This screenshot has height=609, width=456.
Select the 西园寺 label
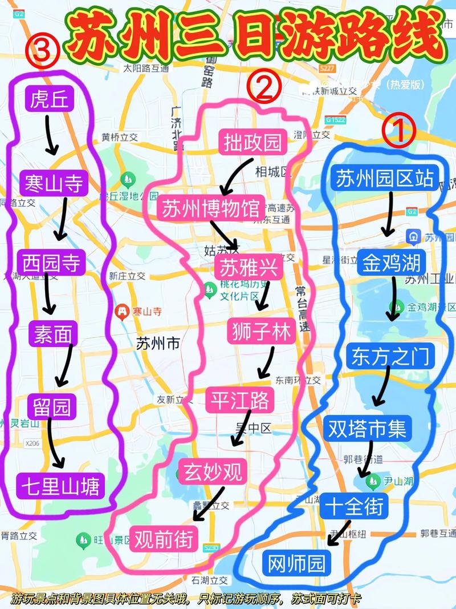[51, 263]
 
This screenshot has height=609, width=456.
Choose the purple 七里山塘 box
[60, 486]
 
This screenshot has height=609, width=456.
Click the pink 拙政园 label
[253, 142]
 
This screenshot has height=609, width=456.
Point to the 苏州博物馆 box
[211, 208]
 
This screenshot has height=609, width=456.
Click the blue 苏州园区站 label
[385, 178]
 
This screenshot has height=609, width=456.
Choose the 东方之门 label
[390, 356]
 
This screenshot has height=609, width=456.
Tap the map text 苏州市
[158, 344]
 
